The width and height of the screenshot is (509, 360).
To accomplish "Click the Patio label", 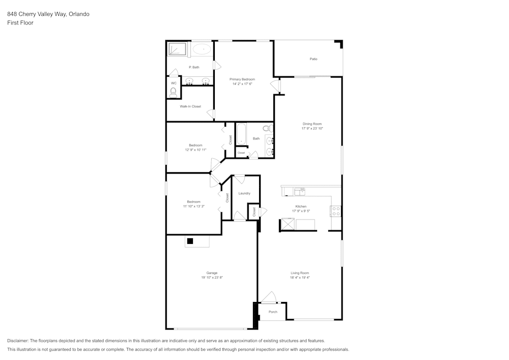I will click(x=314, y=59).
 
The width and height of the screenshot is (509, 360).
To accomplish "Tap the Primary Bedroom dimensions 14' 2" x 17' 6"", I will click(x=242, y=84).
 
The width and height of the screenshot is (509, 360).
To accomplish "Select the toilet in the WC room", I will click(x=173, y=92).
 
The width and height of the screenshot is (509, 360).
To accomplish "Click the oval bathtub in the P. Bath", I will click(x=202, y=50).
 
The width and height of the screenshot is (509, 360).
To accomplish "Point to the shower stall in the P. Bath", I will click(x=178, y=49).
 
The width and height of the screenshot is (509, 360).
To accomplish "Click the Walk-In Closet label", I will click(x=190, y=106).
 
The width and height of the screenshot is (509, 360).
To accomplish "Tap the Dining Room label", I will click(x=312, y=124).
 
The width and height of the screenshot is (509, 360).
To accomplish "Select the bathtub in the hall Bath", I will click(x=241, y=134).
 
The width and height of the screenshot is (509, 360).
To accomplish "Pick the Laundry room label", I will click(x=244, y=193).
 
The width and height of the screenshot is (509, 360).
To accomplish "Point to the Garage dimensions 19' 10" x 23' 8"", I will click(x=212, y=278).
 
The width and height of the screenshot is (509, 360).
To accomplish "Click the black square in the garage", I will click(x=190, y=241).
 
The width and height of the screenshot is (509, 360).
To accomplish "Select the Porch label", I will click(x=273, y=312).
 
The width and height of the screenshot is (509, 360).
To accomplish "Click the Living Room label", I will click(x=300, y=273).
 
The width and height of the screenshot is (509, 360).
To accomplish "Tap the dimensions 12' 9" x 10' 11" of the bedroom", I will click(x=195, y=150).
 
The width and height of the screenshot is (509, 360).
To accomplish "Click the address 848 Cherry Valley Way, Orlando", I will click(x=48, y=14).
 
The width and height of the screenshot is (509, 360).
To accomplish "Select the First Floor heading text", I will click(x=20, y=23).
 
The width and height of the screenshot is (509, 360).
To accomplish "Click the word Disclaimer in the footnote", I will click(x=18, y=341).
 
